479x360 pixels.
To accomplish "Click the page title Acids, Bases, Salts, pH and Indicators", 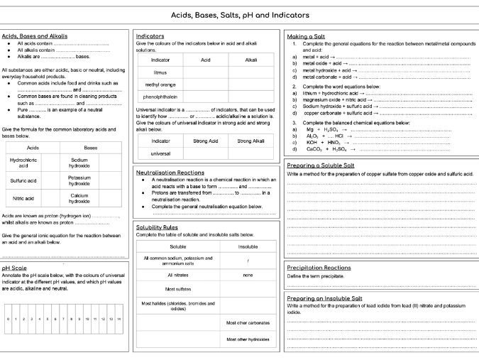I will coord(239,15).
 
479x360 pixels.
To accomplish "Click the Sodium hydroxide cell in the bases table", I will coord(79,163).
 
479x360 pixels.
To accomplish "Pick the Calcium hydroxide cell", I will coord(79,199).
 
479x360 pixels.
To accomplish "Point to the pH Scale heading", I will coord(14,268).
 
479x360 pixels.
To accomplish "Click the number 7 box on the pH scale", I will coord(62,320).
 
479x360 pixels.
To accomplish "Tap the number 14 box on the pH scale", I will coord(119,320).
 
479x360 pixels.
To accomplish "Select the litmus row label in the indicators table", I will coord(160,72).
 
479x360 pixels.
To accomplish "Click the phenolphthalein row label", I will coord(160,97).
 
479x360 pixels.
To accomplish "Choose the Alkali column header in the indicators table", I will coord(251,60).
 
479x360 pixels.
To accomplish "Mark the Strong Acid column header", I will coord(206,141).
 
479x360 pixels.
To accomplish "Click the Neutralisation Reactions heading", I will coord(170,172).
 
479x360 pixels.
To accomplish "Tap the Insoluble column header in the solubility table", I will coord(248,246).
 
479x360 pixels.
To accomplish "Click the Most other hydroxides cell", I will coord(248,339).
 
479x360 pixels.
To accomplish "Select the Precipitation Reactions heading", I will coord(319,267).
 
